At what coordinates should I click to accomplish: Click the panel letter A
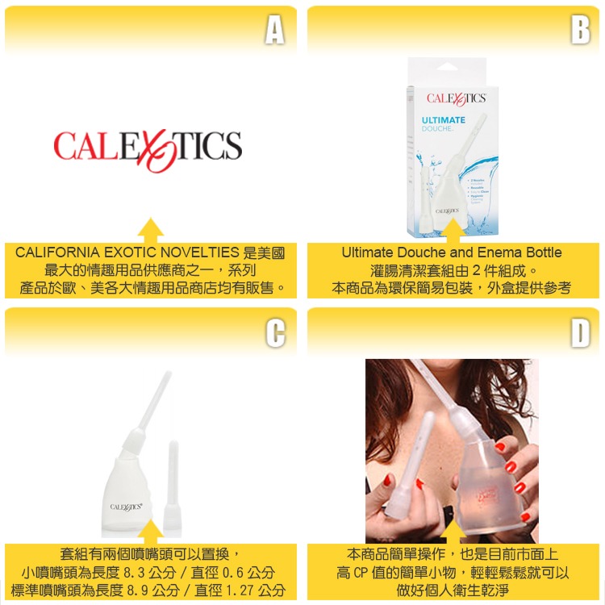tap(275, 31)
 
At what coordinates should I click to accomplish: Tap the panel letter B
tap(579, 31)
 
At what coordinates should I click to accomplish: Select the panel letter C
tap(275, 333)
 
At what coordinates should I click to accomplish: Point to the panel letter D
tap(579, 333)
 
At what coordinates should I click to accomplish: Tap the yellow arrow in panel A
tap(151, 230)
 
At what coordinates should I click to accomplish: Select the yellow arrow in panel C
tap(151, 532)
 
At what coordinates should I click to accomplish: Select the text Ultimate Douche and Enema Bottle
tap(451, 252)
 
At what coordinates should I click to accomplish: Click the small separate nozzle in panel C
tap(172, 484)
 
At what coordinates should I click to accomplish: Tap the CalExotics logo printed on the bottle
tap(127, 507)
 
